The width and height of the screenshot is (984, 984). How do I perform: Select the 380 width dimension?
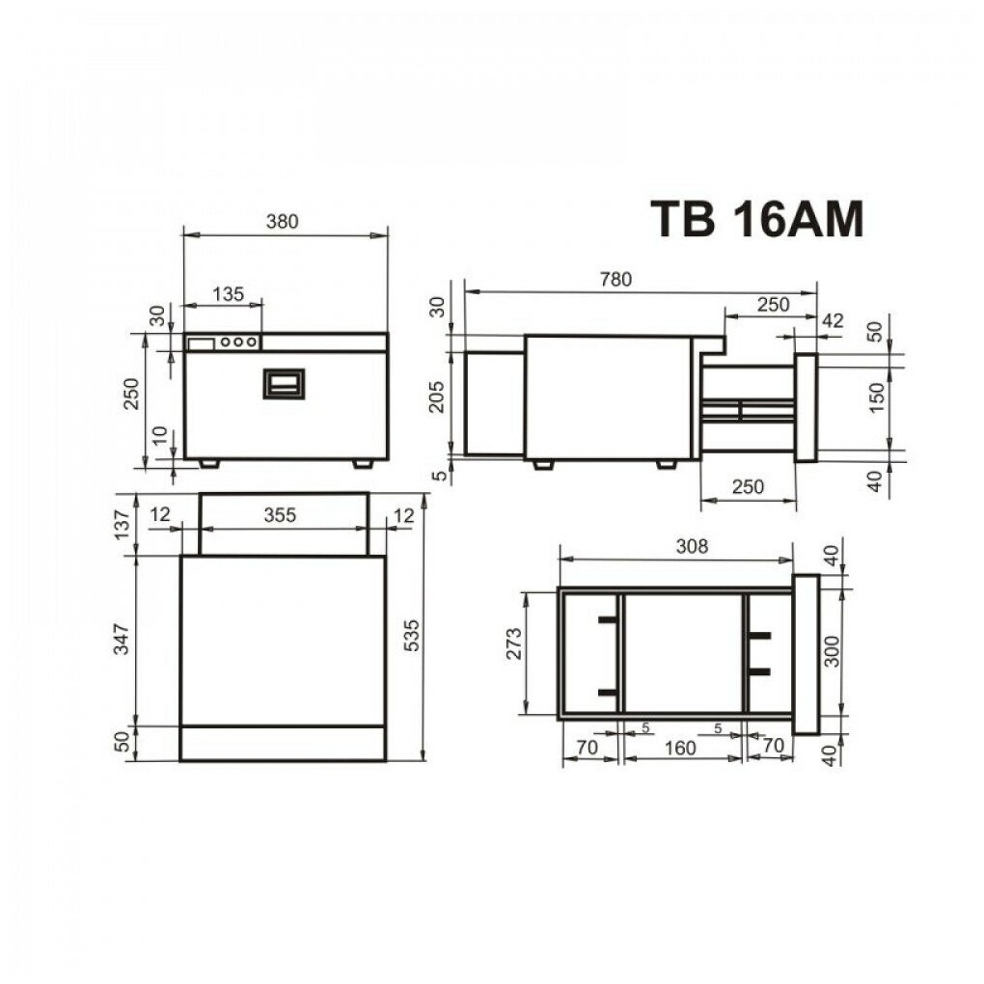282,222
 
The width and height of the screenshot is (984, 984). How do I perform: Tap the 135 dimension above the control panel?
228,293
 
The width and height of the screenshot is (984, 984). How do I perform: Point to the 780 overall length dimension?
615,279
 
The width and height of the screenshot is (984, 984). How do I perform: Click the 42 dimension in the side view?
833,320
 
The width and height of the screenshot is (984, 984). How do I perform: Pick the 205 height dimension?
437,396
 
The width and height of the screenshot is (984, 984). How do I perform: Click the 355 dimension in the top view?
279,514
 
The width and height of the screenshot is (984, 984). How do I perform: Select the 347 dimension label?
122,639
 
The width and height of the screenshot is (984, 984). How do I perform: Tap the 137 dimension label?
122,524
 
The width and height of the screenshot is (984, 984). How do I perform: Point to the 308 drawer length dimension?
692,546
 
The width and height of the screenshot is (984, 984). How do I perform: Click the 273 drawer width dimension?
513,645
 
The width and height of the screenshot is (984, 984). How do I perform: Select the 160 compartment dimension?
680,748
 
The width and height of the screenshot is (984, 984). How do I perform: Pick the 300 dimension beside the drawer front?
831,651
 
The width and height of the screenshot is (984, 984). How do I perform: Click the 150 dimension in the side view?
876,396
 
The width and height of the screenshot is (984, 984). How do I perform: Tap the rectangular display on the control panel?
202,343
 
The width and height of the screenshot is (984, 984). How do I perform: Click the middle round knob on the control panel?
238,342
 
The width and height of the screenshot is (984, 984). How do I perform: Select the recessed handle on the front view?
284,384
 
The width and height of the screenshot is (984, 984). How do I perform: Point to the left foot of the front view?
209,464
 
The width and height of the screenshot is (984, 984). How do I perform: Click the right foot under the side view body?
667,464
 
